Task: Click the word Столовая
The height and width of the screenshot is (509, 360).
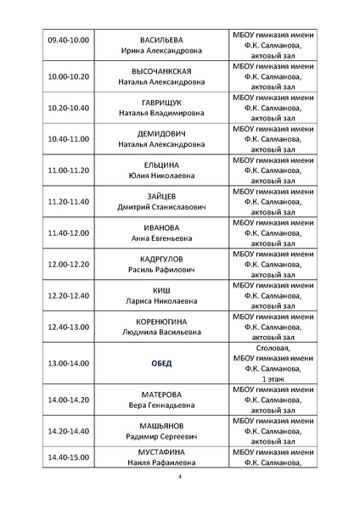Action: pos(273,348)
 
